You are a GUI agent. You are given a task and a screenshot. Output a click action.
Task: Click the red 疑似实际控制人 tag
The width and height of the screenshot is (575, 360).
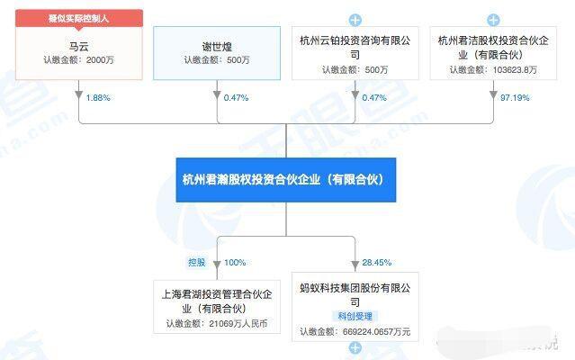[79, 18]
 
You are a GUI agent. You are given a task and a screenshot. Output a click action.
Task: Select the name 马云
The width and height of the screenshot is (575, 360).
[79, 47]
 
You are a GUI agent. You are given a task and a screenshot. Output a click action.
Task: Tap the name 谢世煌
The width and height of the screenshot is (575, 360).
[217, 47]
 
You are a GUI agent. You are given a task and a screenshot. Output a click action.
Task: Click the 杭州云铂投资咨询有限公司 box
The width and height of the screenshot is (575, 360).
[355, 53]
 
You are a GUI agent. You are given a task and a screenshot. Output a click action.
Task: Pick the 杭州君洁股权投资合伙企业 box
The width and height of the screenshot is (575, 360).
[493, 53]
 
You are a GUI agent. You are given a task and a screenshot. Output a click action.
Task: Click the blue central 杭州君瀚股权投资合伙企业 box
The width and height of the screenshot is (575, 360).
[286, 180]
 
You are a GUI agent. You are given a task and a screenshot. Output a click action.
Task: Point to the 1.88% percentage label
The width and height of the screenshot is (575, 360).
[98, 98]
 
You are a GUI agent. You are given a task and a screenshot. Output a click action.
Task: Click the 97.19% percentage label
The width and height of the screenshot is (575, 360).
[515, 98]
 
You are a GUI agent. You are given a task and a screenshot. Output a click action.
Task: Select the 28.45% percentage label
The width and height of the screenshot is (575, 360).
[377, 263]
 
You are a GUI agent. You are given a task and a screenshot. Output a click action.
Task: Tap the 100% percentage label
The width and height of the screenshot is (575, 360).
[235, 263]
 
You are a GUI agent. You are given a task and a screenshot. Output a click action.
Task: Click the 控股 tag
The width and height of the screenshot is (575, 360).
[196, 263]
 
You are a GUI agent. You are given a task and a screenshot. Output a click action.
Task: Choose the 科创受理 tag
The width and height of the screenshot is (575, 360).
[355, 316]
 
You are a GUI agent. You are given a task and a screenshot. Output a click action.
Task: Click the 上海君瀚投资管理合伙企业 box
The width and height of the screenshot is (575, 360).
[217, 307]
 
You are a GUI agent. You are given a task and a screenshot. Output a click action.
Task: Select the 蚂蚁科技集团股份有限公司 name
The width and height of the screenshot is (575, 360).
[355, 295]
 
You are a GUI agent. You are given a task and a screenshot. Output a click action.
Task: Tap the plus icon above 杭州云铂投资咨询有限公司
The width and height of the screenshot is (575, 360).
[355, 20]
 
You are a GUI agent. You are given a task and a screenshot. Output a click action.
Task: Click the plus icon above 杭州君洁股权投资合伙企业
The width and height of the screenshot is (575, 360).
[493, 20]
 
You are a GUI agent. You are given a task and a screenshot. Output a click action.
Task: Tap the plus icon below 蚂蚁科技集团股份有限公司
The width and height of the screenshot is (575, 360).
[355, 347]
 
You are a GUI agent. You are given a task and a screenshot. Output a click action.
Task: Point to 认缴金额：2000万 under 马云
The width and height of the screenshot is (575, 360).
[79, 59]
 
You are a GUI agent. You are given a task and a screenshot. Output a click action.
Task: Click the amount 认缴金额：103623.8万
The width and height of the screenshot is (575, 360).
[493, 69]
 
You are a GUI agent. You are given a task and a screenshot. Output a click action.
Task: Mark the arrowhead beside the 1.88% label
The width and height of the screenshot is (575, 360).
[79, 94]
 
